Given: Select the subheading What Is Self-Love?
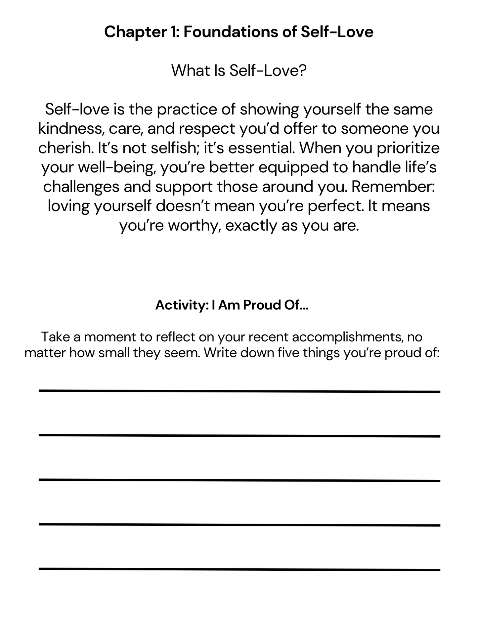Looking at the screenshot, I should click(x=239, y=70).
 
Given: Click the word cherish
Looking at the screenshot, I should click(x=65, y=148).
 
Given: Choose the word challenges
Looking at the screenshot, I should click(x=81, y=187).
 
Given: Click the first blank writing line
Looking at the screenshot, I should click(x=239, y=391).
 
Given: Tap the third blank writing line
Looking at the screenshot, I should click(x=239, y=480).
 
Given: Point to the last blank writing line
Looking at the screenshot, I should click(x=239, y=569).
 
